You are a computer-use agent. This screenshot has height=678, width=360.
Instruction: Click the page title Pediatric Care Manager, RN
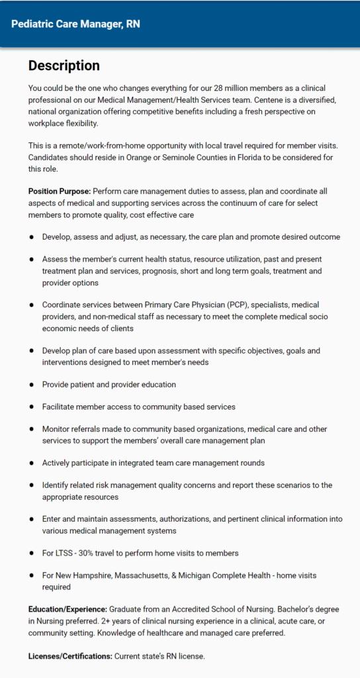click(75, 24)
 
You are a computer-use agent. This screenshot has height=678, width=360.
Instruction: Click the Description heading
click(64, 66)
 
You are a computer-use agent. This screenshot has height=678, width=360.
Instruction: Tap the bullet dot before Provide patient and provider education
click(31, 385)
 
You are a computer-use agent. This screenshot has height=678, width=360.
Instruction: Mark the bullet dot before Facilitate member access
click(31, 407)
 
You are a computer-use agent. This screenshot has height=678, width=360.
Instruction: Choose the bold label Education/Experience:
click(67, 609)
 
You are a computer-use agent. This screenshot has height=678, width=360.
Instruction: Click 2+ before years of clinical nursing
click(85, 621)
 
